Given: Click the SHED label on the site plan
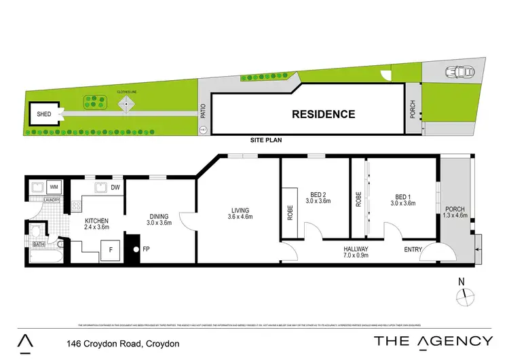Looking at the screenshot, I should (44, 114).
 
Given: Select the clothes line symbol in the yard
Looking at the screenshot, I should (126, 105).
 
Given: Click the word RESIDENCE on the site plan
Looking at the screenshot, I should (323, 114).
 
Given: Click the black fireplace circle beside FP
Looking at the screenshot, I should (136, 249).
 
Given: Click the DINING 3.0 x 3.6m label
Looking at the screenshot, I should (160, 219).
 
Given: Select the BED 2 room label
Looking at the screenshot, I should (318, 198).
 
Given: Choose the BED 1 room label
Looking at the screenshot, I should (402, 198).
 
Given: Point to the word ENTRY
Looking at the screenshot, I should (413, 250).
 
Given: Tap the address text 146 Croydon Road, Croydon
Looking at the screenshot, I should (123, 344).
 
